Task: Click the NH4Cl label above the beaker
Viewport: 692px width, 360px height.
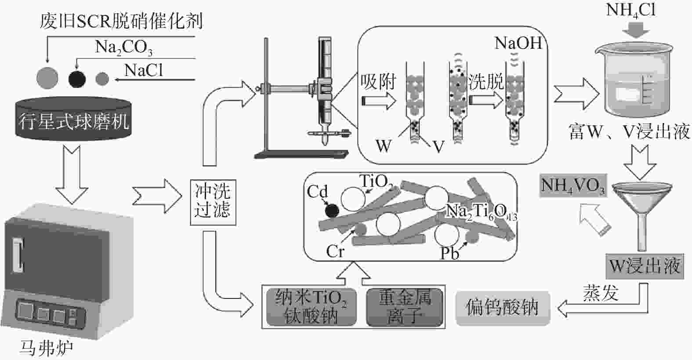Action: tap(630, 10)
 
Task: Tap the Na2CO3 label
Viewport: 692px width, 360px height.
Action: tap(123, 47)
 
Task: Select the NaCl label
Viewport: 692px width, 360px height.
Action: tap(144, 70)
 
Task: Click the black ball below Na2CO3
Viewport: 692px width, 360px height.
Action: tap(77, 78)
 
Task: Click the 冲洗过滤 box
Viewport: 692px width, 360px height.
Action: tap(213, 202)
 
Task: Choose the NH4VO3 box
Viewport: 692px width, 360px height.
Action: tap(573, 185)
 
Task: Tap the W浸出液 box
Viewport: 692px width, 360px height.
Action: tap(645, 266)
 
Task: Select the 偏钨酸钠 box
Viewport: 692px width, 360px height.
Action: tap(502, 307)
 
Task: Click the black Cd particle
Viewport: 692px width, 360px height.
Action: tap(332, 211)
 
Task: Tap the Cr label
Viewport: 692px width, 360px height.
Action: tap(335, 251)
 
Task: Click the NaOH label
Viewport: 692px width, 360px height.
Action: tap(518, 43)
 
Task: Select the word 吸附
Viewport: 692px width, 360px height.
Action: tap(378, 82)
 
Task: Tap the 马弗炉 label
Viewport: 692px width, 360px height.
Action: tap(47, 348)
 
